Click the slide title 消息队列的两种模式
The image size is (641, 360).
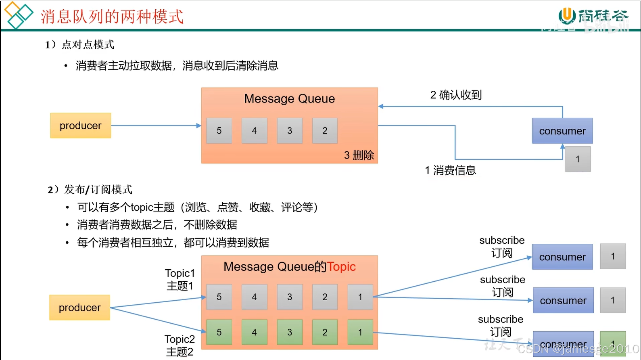point(112,17)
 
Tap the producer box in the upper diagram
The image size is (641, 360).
point(81,126)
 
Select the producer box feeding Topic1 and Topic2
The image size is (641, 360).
point(80,308)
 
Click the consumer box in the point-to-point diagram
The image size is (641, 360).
point(562,131)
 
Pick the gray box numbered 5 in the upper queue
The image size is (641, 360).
point(219,131)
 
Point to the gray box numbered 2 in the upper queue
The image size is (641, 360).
point(325,131)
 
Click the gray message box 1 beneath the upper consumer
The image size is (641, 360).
point(578,159)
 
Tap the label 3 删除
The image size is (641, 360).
point(359,155)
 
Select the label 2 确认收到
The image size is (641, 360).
point(456,95)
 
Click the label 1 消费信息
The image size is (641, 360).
point(450,170)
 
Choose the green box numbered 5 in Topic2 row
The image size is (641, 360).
point(219,332)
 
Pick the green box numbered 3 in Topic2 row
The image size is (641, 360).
point(290,332)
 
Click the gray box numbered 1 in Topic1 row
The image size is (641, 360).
point(360,297)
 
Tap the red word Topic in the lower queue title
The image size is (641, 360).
point(341,267)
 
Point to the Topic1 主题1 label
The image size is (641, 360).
point(180,279)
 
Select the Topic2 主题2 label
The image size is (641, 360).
point(180,345)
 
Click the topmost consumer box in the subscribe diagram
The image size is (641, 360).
point(562,257)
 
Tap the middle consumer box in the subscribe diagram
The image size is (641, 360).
point(563,300)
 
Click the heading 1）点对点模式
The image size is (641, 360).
point(80,44)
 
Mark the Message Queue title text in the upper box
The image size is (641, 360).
point(289,99)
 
